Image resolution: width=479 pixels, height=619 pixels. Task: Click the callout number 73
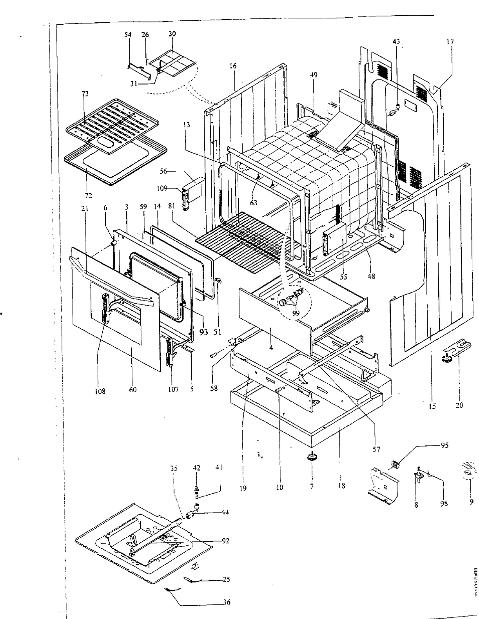pos(85,94)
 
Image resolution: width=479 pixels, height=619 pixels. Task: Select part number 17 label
pos(450,42)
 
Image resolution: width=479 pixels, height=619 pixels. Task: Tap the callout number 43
pos(396,42)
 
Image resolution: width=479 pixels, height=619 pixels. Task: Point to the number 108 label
pos(100,391)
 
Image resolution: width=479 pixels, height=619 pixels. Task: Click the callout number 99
pos(296,313)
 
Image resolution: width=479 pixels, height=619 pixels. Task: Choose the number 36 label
pos(227,602)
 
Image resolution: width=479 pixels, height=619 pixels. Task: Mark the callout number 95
pos(445,445)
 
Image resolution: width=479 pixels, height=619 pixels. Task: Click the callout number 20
pos(459,405)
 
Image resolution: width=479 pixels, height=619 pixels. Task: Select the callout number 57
pos(376,449)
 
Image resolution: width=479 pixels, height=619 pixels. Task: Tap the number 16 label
pos(233,66)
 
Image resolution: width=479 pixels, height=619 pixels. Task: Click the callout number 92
pos(225,541)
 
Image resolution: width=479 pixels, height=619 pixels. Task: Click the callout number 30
pos(172,34)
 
